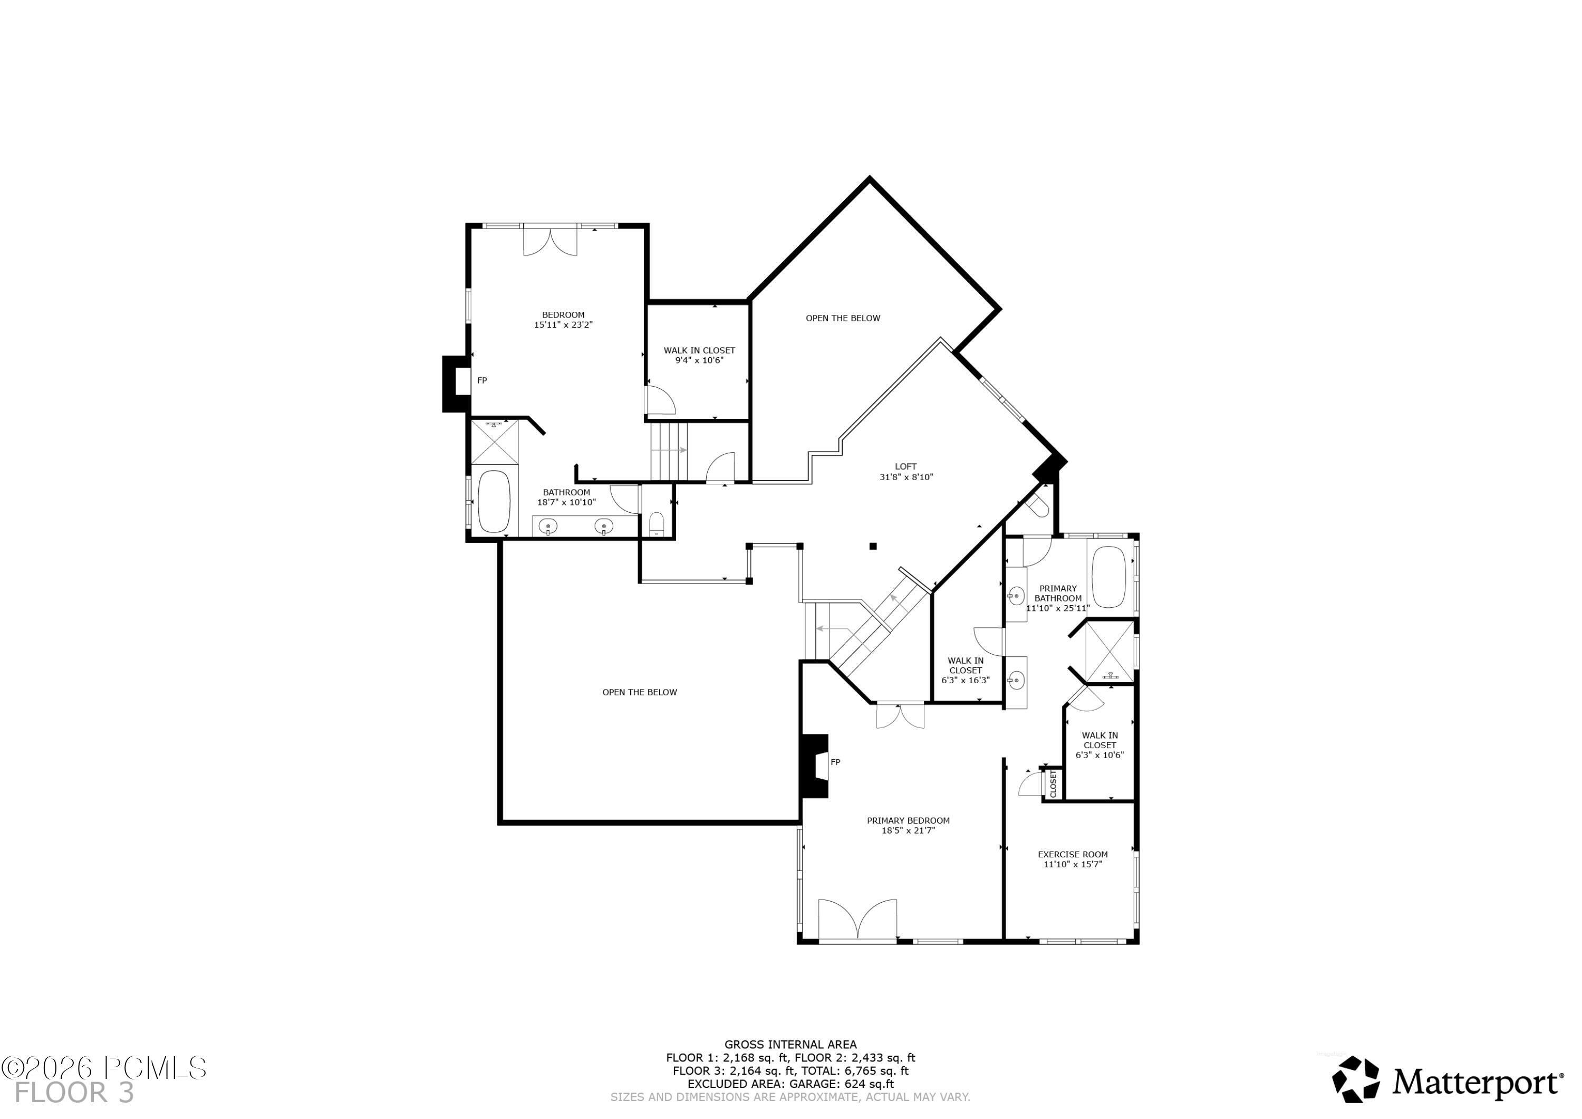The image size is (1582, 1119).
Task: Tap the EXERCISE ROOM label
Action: [1073, 854]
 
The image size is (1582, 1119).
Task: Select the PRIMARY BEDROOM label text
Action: [908, 820]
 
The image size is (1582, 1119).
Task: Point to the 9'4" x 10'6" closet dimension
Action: [699, 360]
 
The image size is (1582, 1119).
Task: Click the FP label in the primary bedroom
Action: [835, 762]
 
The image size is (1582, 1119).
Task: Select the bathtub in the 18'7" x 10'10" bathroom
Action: [494, 501]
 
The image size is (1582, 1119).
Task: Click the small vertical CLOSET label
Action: [1053, 784]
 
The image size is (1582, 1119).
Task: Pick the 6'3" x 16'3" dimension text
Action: [966, 680]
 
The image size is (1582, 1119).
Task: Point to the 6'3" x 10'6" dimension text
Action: [1099, 755]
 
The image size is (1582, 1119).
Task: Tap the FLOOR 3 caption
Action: [74, 1093]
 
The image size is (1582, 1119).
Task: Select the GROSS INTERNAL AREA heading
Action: [790, 1045]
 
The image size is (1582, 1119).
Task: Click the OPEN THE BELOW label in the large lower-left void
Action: [640, 692]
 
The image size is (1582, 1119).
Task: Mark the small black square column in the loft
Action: [873, 547]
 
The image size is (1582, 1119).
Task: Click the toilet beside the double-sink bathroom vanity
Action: [657, 523]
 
